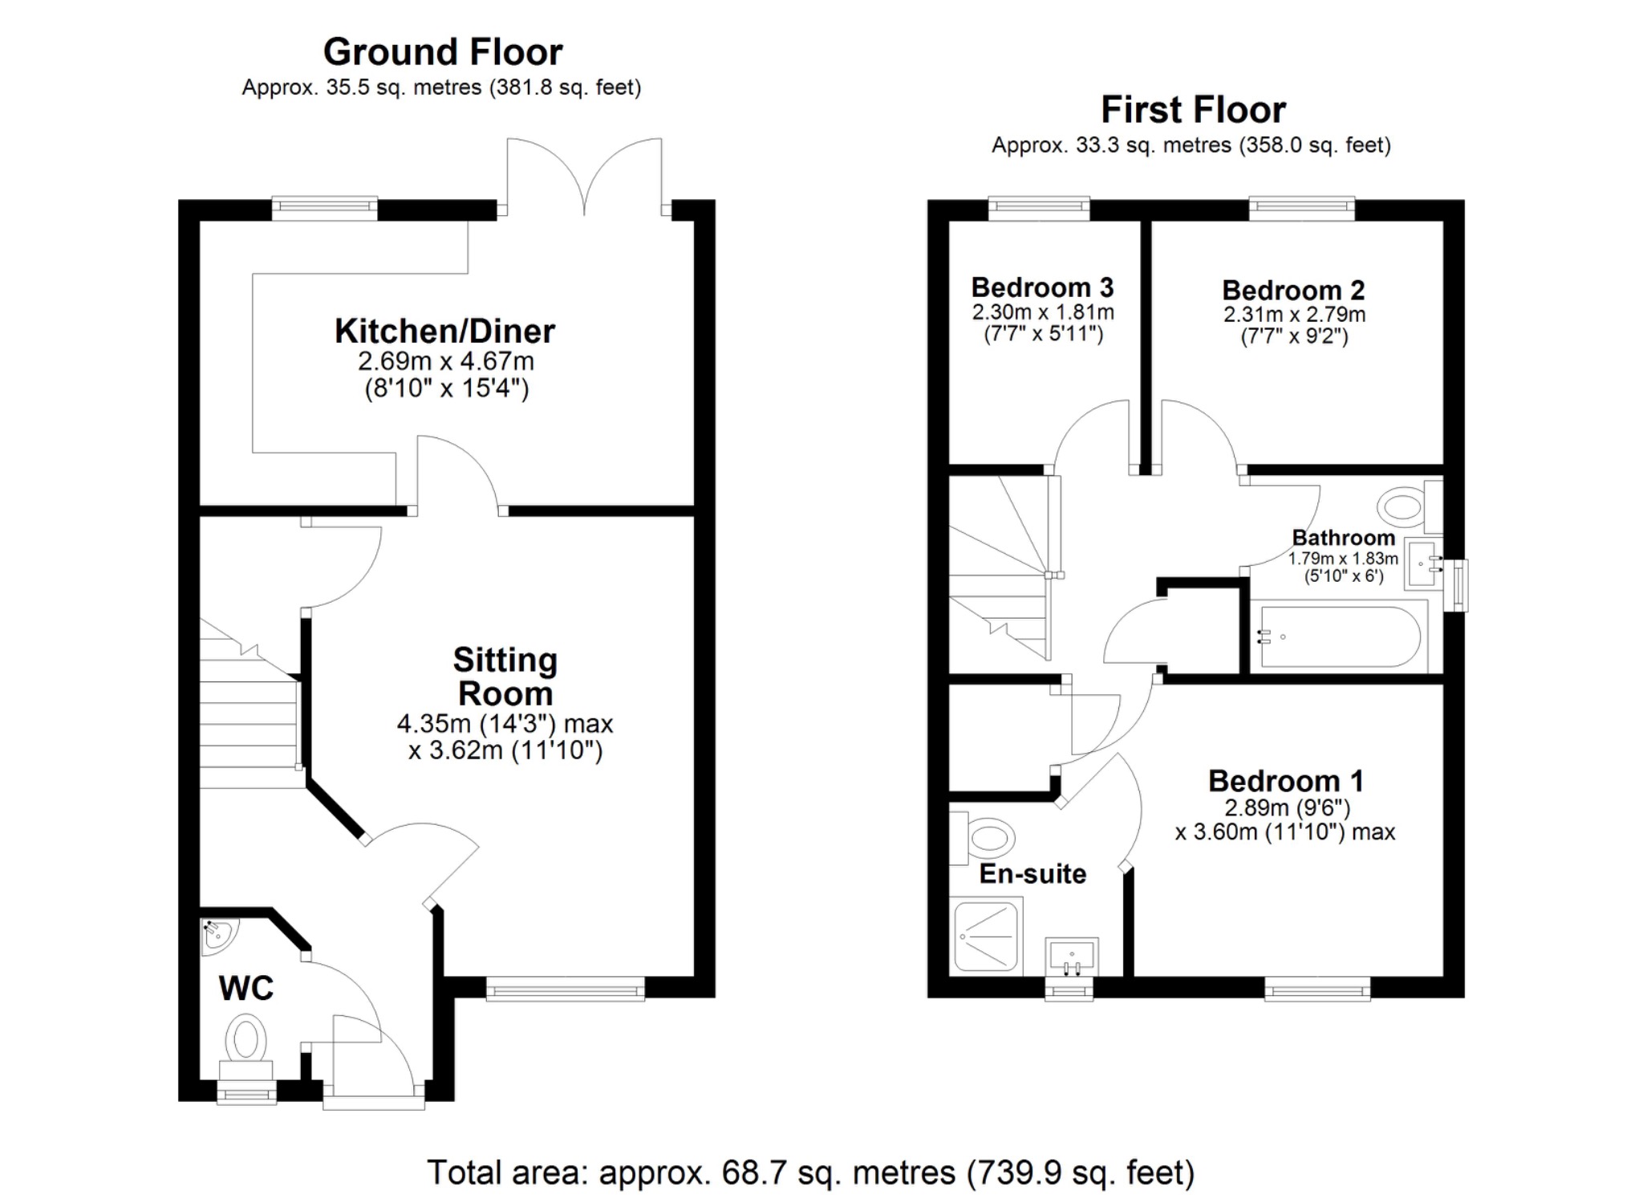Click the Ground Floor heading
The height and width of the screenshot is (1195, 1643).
point(443,53)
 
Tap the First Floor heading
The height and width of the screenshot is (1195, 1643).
point(1193,110)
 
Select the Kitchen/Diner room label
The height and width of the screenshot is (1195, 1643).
point(444,331)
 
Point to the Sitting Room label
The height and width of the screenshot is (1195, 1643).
point(505,677)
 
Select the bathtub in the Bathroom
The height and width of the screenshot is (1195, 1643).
point(1338,637)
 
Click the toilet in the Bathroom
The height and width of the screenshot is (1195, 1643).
point(1404,506)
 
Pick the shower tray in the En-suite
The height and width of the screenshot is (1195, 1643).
point(986,937)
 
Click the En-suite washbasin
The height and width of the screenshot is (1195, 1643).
point(1072,957)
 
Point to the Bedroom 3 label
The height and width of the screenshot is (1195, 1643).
point(1042,287)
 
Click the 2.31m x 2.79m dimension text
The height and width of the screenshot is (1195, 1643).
point(1294,315)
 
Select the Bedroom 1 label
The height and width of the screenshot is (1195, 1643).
point(1285,781)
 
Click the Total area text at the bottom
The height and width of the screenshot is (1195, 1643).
point(810,1173)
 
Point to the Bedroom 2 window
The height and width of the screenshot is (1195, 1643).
point(1301,209)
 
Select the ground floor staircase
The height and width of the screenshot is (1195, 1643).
point(249,714)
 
